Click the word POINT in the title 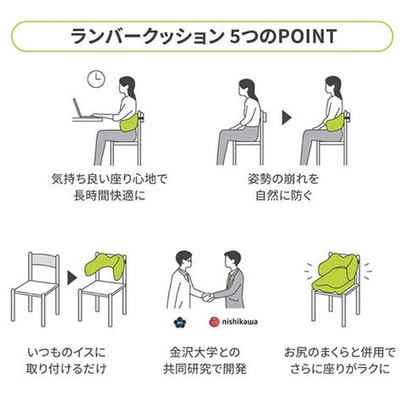click(x=307, y=36)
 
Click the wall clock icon click(x=96, y=79)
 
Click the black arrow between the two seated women click(x=287, y=118)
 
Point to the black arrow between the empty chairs click(x=72, y=277)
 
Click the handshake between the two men click(x=208, y=297)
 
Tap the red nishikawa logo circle click(x=214, y=322)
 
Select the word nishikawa click(x=239, y=321)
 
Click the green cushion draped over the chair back click(x=105, y=266)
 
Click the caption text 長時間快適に click(x=110, y=195)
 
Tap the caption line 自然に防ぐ click(x=283, y=195)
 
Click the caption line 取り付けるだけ click(x=66, y=369)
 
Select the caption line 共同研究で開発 click(x=205, y=369)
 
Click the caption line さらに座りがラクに click(x=340, y=369)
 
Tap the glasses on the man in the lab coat click(x=187, y=261)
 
